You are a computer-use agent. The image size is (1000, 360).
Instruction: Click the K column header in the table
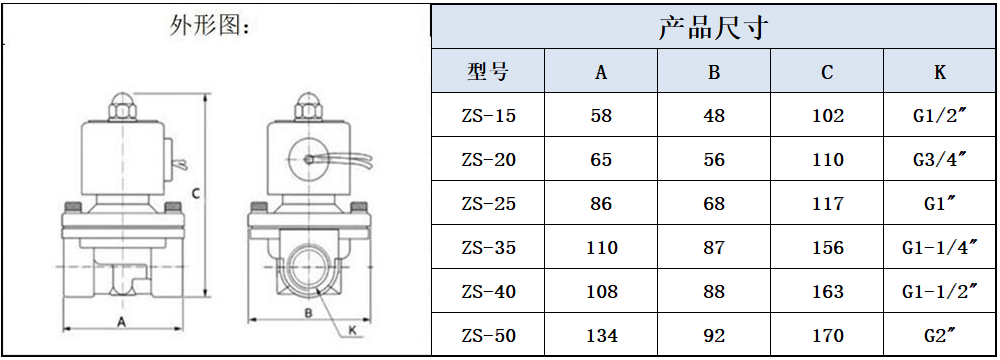point(940,73)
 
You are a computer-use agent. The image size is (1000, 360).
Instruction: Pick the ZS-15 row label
point(488,116)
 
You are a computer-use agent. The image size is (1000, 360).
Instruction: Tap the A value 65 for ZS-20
point(601,160)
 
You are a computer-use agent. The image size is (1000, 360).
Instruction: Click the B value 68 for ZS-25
point(714,204)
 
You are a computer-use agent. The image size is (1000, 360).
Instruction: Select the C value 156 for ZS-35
point(827,247)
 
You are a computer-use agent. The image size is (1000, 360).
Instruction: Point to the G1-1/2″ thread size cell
point(940,291)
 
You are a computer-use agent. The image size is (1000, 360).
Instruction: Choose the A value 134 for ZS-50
point(601,335)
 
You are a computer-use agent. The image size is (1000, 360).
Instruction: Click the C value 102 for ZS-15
point(827,116)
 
